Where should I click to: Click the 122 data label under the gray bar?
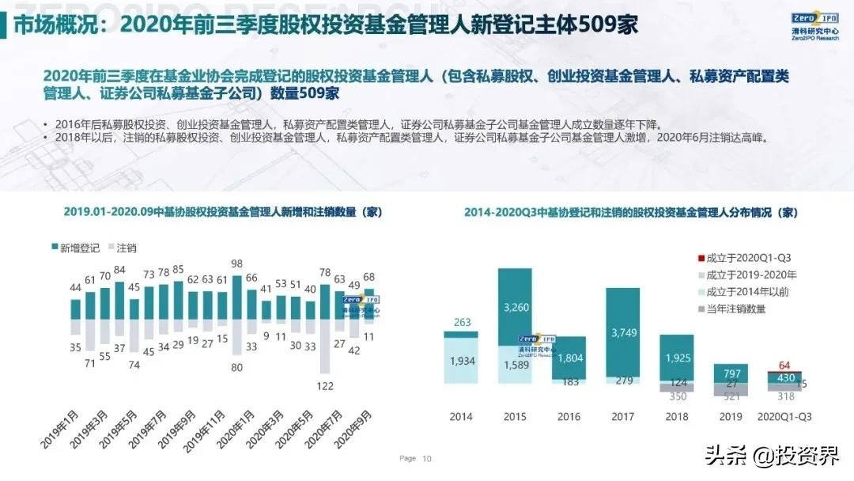click(x=325, y=385)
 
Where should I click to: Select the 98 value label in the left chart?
click(x=236, y=264)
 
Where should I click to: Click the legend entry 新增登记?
click(x=76, y=248)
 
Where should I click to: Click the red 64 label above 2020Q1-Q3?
click(x=784, y=365)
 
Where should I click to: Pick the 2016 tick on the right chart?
click(x=568, y=416)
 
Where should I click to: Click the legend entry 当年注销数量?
click(x=736, y=309)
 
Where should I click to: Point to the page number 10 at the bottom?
click(x=427, y=458)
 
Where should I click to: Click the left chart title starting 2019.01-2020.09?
click(x=213, y=211)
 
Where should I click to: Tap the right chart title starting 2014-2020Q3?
click(x=630, y=212)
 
